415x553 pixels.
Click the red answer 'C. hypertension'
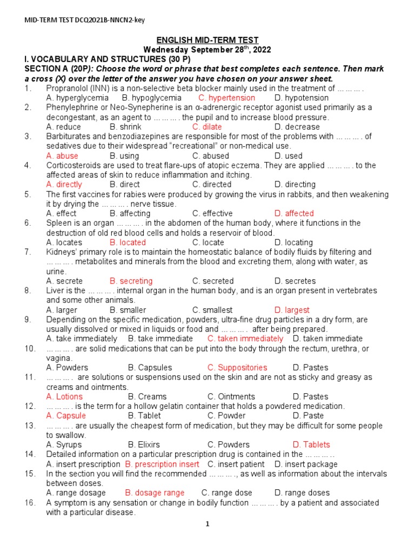tap(226, 98)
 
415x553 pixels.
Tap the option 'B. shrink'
tap(125, 127)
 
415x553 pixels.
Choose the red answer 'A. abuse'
tap(62, 156)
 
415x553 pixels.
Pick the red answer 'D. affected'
tap(294, 213)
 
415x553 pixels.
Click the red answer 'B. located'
tap(128, 242)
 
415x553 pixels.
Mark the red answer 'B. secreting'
tap(131, 281)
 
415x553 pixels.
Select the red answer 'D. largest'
tap(292, 310)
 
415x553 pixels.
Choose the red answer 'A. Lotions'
tap(64, 396)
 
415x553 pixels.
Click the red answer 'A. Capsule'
tap(66, 416)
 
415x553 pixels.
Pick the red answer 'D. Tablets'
tap(311, 444)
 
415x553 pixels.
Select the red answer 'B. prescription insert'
tap(162, 464)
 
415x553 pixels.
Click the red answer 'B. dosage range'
tap(155, 493)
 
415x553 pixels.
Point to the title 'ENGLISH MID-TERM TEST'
tap(207, 40)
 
